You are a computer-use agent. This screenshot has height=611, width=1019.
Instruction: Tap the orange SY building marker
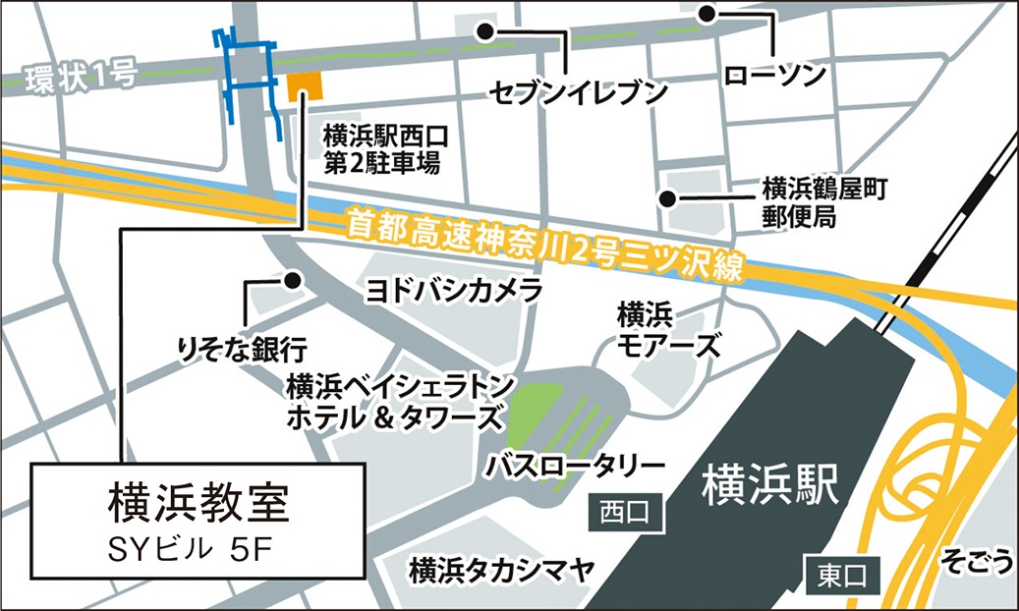(304, 86)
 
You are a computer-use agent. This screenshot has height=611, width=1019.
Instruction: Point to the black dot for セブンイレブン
(484, 31)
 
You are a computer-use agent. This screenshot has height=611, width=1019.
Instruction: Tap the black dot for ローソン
(708, 14)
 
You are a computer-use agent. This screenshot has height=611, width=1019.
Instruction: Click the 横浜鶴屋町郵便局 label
(811, 201)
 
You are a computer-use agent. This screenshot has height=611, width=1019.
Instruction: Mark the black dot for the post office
(668, 198)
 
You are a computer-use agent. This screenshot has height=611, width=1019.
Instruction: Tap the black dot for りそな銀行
(292, 280)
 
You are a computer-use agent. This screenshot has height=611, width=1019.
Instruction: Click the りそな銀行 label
(241, 347)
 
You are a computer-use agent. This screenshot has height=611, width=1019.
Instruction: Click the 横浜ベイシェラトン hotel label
(395, 400)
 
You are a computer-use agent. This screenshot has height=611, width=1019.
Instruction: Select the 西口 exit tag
(625, 513)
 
